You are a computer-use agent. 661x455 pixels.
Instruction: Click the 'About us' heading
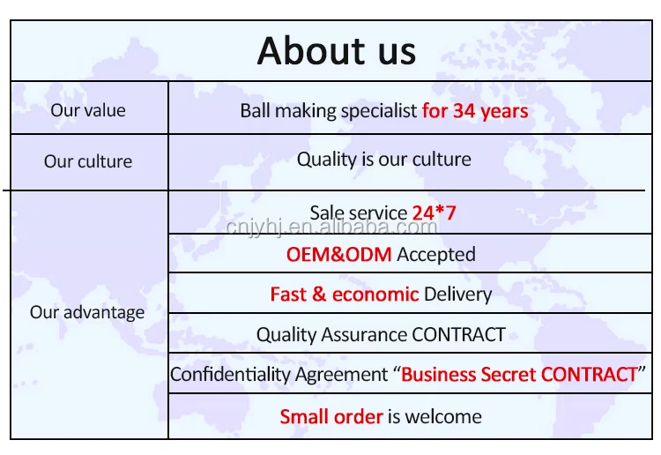pos(336,50)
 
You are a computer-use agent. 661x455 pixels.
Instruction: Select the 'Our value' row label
pos(88,110)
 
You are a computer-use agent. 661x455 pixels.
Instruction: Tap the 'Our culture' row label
pos(88,161)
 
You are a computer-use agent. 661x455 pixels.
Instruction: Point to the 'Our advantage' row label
pos(87,312)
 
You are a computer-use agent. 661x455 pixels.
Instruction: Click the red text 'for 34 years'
pos(475,110)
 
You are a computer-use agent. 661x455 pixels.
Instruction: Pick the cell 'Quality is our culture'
pos(383,160)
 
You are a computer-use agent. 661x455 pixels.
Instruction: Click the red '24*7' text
pos(434,213)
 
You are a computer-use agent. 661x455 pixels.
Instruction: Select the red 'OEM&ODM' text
pos(338,255)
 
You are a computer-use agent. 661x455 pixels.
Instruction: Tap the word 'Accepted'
pos(435,255)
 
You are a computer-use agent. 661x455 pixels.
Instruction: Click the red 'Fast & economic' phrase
pos(344,295)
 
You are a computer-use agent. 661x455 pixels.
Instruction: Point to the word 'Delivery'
pos(457,295)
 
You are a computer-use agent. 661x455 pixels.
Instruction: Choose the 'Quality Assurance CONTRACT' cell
pos(381,335)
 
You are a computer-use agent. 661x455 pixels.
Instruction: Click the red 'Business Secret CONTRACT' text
pos(519,374)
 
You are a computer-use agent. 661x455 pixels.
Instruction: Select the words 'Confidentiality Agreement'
pos(279,374)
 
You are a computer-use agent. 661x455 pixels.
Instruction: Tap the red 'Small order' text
pos(330,416)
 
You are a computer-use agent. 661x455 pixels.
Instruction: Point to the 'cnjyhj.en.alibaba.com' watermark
pos(331,228)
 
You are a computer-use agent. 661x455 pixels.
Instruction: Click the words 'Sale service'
pos(358,213)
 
